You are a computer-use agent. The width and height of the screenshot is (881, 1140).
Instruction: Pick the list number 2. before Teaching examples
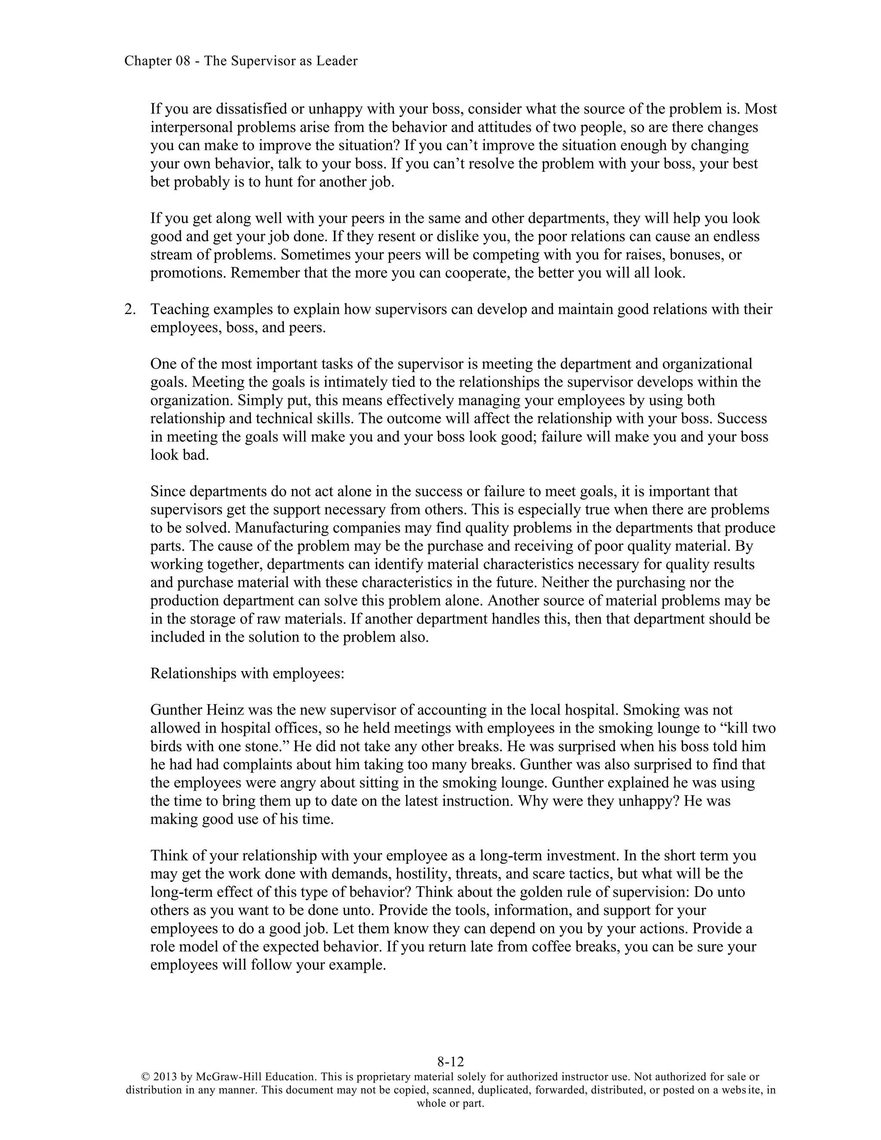click(x=130, y=310)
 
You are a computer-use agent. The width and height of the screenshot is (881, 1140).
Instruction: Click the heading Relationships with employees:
click(x=247, y=673)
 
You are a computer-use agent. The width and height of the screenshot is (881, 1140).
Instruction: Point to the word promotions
click(x=188, y=273)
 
